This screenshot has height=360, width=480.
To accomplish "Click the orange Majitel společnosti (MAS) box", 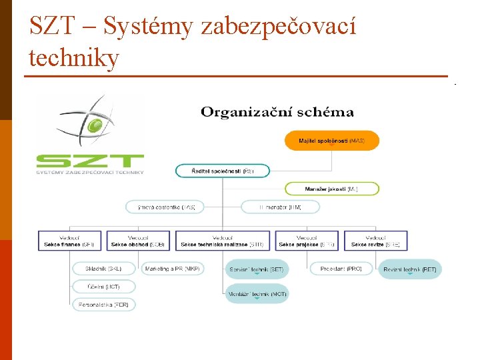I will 332,141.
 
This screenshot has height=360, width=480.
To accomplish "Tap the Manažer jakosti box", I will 332,189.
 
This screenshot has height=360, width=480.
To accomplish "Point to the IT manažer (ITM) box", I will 280,207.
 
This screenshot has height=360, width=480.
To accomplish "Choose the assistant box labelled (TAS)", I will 165,207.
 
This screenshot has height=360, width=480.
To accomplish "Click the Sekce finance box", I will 69,241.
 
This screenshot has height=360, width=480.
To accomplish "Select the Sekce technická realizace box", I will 222,241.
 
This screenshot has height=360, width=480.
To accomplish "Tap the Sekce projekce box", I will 307,241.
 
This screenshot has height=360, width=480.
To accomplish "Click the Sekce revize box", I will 375,241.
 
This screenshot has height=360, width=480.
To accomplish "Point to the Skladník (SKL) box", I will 103,269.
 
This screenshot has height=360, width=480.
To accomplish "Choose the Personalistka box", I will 103,304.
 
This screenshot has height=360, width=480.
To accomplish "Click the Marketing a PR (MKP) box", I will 172,269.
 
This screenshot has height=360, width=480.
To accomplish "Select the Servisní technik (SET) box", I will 257,269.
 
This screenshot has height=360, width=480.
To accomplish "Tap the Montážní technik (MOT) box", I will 257,293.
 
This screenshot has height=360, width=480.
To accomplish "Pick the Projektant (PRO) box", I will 341,269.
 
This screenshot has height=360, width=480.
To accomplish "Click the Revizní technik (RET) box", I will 410,269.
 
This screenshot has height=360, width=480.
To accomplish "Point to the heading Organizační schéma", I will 277,112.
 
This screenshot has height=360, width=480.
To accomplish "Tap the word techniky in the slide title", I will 74,59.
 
